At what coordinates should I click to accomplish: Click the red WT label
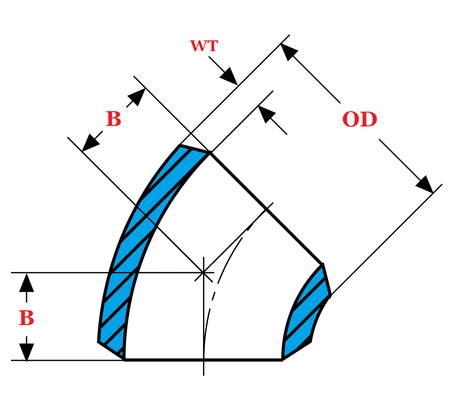pyautogui.click(x=204, y=46)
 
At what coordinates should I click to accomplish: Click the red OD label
pyautogui.click(x=360, y=120)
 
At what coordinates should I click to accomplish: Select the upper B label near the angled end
pyautogui.click(x=113, y=120)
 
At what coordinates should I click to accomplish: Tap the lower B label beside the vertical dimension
pyautogui.click(x=26, y=318)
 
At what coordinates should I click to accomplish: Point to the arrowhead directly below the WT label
pyautogui.click(x=230, y=77)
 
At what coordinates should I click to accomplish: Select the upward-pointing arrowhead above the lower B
pyautogui.click(x=26, y=282)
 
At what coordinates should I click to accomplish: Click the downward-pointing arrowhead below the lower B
pyautogui.click(x=26, y=352)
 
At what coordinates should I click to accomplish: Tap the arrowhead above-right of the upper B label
pyautogui.click(x=137, y=96)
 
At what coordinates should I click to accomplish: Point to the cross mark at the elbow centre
pyautogui.click(x=203, y=272)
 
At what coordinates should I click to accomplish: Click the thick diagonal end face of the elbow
pyautogui.click(x=266, y=209)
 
